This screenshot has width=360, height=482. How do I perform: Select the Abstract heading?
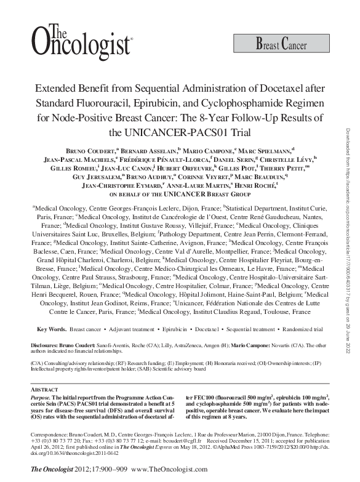coord(46,390)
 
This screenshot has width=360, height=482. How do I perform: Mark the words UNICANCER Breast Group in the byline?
coord(196,193)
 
